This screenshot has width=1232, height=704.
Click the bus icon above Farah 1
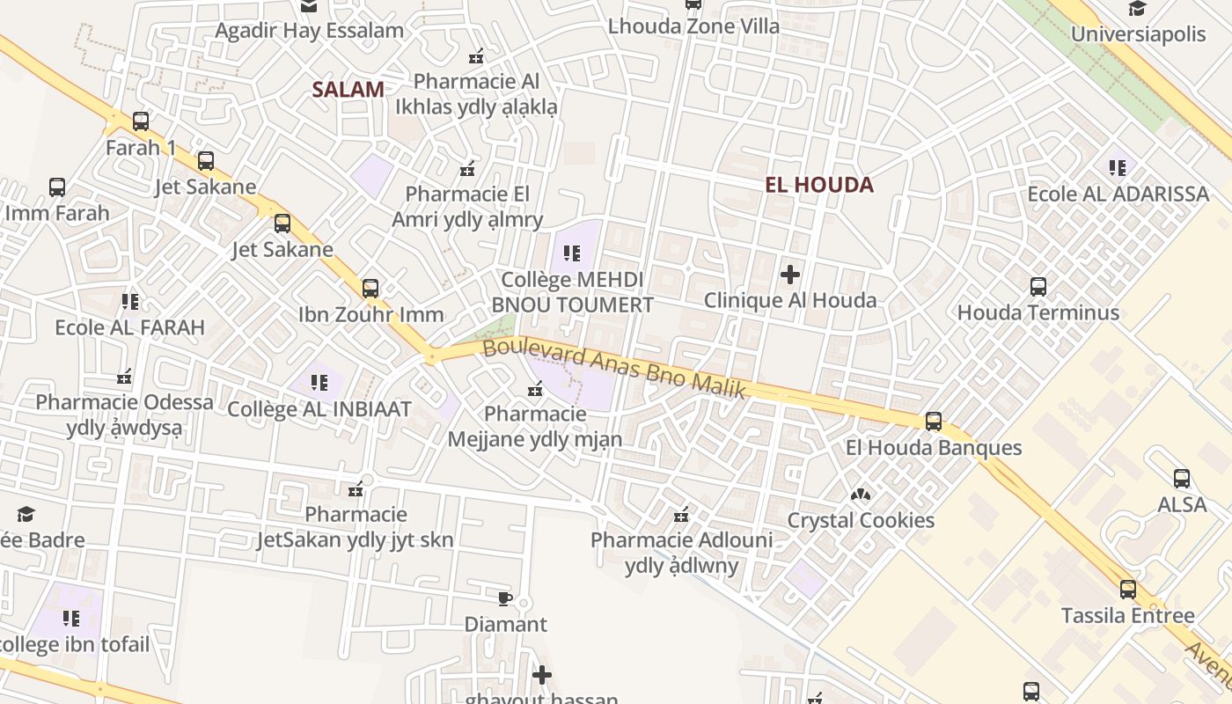point(140,121)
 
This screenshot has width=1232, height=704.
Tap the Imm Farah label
point(57,213)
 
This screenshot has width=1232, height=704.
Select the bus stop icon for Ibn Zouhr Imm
point(370,288)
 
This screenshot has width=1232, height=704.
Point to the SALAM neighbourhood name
point(348,89)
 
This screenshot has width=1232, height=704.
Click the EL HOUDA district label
point(819,185)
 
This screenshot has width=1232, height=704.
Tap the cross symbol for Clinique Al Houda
point(790,275)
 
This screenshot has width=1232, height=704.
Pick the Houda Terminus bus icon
point(1038,286)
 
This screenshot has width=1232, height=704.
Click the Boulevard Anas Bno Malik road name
point(614,369)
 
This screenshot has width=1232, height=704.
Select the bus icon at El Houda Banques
point(934,422)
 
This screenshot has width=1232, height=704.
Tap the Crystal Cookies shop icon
point(860,495)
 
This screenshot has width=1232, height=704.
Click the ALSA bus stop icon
point(1182,479)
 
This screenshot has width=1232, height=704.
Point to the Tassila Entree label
point(1128,615)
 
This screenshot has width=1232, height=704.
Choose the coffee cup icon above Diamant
point(504,598)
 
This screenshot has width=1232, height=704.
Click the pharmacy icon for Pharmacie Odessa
point(124,377)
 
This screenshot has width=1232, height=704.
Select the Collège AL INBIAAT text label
point(319,409)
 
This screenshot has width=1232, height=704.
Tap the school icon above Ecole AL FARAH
point(130,302)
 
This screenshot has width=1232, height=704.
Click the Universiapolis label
point(1138,34)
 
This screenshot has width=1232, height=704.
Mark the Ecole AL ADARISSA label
point(1118,194)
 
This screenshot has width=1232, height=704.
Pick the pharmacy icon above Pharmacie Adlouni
point(680,515)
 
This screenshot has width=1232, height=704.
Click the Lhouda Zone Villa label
point(693,26)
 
